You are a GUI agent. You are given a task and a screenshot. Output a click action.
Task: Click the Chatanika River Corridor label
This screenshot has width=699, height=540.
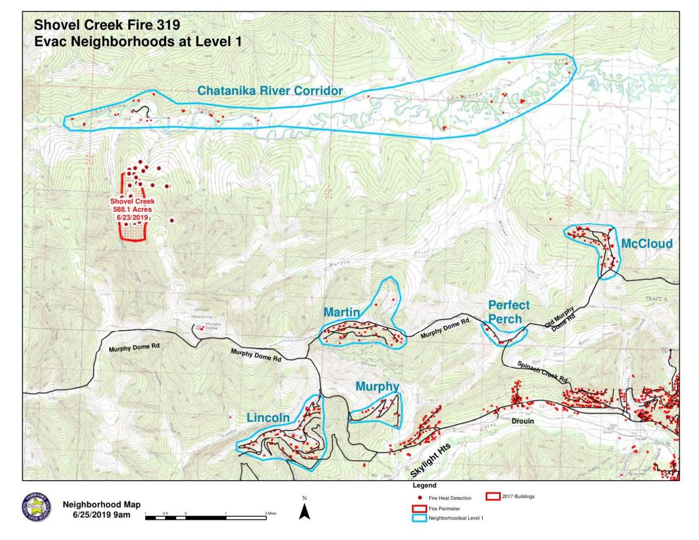pos(269,91)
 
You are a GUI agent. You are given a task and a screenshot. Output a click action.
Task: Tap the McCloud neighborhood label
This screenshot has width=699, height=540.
pos(646,243)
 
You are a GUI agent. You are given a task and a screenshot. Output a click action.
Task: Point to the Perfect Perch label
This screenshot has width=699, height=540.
pos(509,312)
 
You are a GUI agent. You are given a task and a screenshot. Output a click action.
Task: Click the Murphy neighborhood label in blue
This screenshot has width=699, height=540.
pos(377,387)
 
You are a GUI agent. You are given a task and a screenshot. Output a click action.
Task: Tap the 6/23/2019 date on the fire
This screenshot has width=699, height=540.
pos(132,217)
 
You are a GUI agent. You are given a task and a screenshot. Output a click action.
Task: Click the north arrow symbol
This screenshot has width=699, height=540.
pos(304,511)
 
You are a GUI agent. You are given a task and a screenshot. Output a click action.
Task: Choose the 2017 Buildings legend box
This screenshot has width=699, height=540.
pos(493,497)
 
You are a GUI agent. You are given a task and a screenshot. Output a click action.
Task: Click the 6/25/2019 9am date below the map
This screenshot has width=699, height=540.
pos(101,515)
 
